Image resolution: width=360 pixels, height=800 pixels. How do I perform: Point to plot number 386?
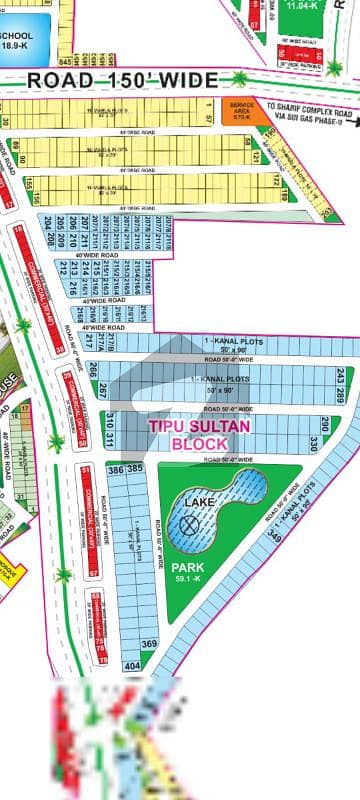click(115, 468)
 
